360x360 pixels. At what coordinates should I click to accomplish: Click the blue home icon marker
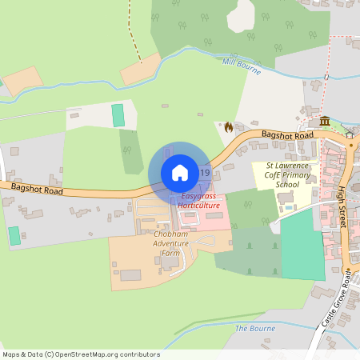click(x=180, y=173)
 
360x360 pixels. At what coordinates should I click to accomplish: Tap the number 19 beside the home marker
click(x=206, y=173)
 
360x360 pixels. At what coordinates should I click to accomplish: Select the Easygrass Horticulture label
click(x=199, y=201)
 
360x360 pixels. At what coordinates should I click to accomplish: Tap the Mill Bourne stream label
click(x=242, y=66)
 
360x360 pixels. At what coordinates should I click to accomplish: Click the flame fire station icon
click(x=229, y=126)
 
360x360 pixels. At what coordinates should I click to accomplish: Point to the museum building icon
click(x=325, y=121)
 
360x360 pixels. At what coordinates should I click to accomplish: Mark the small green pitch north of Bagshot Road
click(x=118, y=114)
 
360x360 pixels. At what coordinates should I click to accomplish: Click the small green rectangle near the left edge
click(x=14, y=236)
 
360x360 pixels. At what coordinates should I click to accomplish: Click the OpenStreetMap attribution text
click(x=80, y=354)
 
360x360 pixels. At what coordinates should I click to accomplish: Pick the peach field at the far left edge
click(x=21, y=79)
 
